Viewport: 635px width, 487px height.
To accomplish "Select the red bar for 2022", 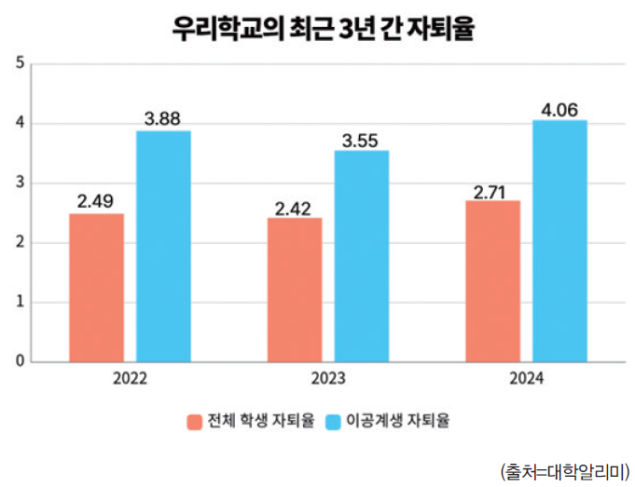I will [x=96, y=287].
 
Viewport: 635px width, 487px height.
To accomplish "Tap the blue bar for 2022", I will [x=163, y=246].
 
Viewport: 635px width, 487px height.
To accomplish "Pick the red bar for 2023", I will [x=294, y=289].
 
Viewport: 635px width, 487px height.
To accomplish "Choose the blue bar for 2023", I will [x=362, y=256].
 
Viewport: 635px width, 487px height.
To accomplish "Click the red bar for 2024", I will [x=492, y=280].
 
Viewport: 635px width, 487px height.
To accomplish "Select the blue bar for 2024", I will [x=559, y=240].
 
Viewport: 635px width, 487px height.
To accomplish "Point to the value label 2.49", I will [x=96, y=201].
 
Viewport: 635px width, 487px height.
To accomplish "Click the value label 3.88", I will [x=163, y=118].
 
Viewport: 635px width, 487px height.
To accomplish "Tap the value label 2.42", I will [x=294, y=206].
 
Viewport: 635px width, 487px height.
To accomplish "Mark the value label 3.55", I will [x=362, y=139].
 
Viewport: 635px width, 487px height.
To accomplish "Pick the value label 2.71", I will [x=492, y=188].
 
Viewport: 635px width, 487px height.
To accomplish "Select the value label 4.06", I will [x=559, y=108].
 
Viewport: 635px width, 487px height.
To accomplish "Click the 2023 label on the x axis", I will [x=327, y=379].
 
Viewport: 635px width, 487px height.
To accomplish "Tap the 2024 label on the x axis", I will [x=526, y=379].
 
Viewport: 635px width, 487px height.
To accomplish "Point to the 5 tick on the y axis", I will [x=21, y=64].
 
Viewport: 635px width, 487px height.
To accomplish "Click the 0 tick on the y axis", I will [x=21, y=361].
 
